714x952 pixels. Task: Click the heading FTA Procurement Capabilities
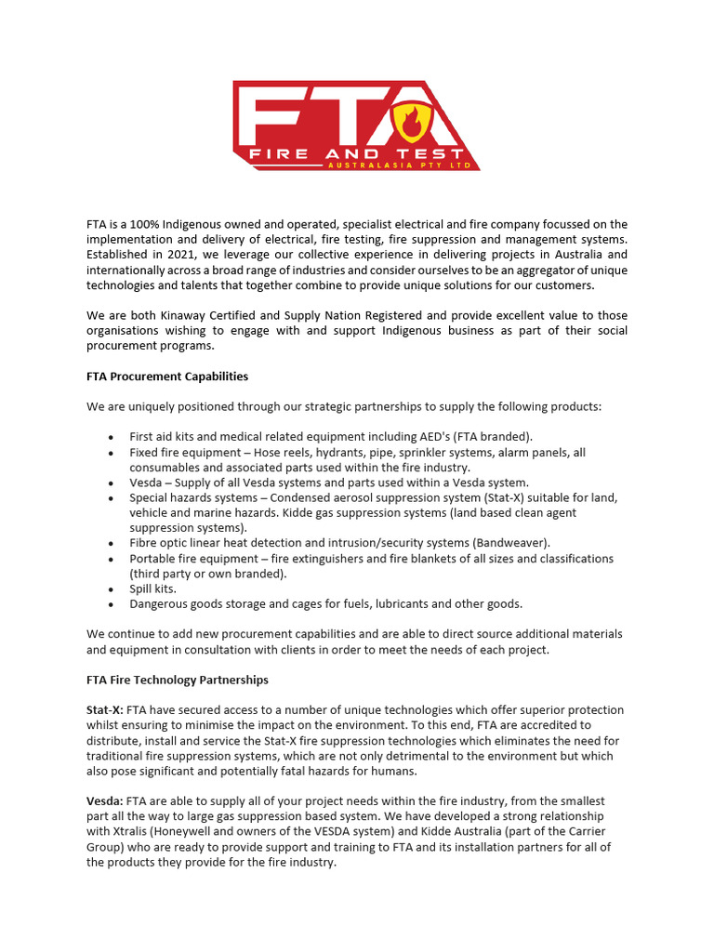(x=167, y=377)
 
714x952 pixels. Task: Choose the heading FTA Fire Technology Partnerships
(x=178, y=680)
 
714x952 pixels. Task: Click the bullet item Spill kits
(x=152, y=588)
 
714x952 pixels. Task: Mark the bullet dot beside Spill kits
(x=112, y=589)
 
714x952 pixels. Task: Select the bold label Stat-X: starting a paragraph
(x=105, y=710)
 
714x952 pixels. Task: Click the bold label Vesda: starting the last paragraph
(x=105, y=801)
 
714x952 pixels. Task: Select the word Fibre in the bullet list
(x=144, y=543)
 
